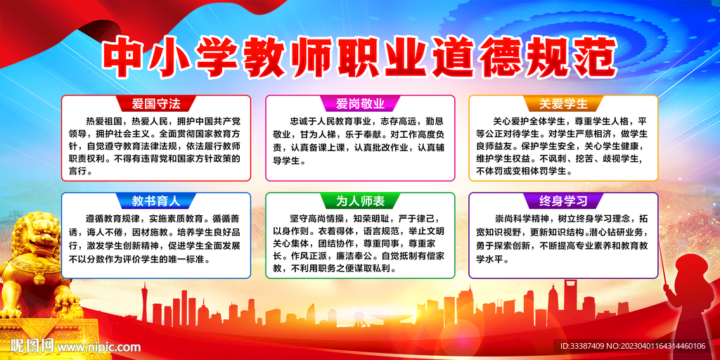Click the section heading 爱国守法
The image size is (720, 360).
coord(155,104)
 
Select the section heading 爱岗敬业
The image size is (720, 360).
coord(360,104)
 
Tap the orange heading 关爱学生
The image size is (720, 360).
coord(563,104)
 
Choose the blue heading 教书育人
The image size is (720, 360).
coord(155,200)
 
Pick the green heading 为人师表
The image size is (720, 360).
coord(360,201)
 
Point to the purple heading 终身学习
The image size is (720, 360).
coord(563,200)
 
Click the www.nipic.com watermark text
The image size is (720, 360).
coord(98,346)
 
